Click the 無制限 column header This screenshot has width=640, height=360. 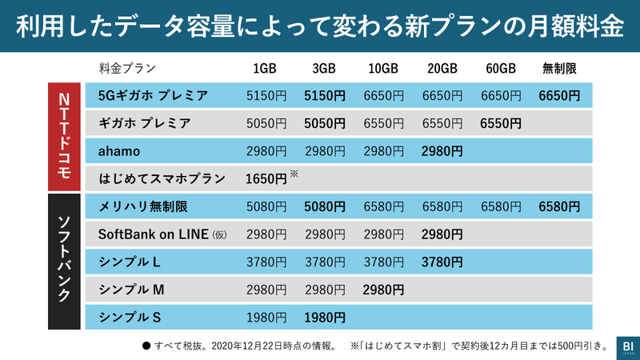pyautogui.click(x=559, y=68)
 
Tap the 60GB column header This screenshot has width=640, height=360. pyautogui.click(x=501, y=68)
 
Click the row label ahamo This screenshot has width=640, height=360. pyautogui.click(x=119, y=150)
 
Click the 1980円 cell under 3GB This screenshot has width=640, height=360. pyautogui.click(x=325, y=317)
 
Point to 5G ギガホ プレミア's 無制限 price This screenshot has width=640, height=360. pyautogui.click(x=559, y=96)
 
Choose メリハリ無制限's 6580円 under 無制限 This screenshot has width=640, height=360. pyautogui.click(x=559, y=206)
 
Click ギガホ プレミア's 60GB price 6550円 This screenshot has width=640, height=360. pyautogui.click(x=501, y=123)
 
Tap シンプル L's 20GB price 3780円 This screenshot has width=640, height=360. pyautogui.click(x=442, y=262)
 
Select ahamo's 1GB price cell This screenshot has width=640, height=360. pyautogui.click(x=266, y=150)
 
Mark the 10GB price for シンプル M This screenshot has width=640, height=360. pyautogui.click(x=383, y=289)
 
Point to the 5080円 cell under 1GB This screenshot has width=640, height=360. pyautogui.click(x=266, y=206)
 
